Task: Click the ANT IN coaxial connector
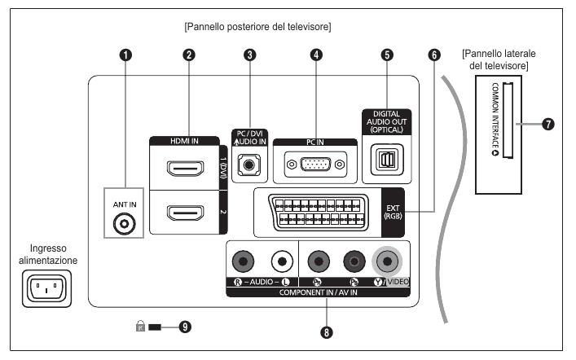tap(124, 224)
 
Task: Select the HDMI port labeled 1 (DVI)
tap(186, 169)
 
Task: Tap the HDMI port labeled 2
tap(186, 213)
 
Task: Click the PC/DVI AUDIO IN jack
tap(249, 165)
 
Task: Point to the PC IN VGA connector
tap(315, 165)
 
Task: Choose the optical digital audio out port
tap(387, 160)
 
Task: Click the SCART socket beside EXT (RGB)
tap(319, 213)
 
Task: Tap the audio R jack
tap(243, 261)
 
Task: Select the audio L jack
tap(282, 261)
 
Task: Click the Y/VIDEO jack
tap(387, 261)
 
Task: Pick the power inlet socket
tap(46, 289)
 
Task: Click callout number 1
tap(125, 55)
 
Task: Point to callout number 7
tap(548, 124)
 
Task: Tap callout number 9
tap(185, 327)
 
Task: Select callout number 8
tap(326, 333)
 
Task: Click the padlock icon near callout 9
tap(140, 326)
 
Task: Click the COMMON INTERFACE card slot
tap(508, 120)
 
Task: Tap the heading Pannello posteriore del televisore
tap(257, 27)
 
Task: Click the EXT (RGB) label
tap(393, 213)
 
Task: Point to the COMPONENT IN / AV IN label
tap(318, 292)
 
